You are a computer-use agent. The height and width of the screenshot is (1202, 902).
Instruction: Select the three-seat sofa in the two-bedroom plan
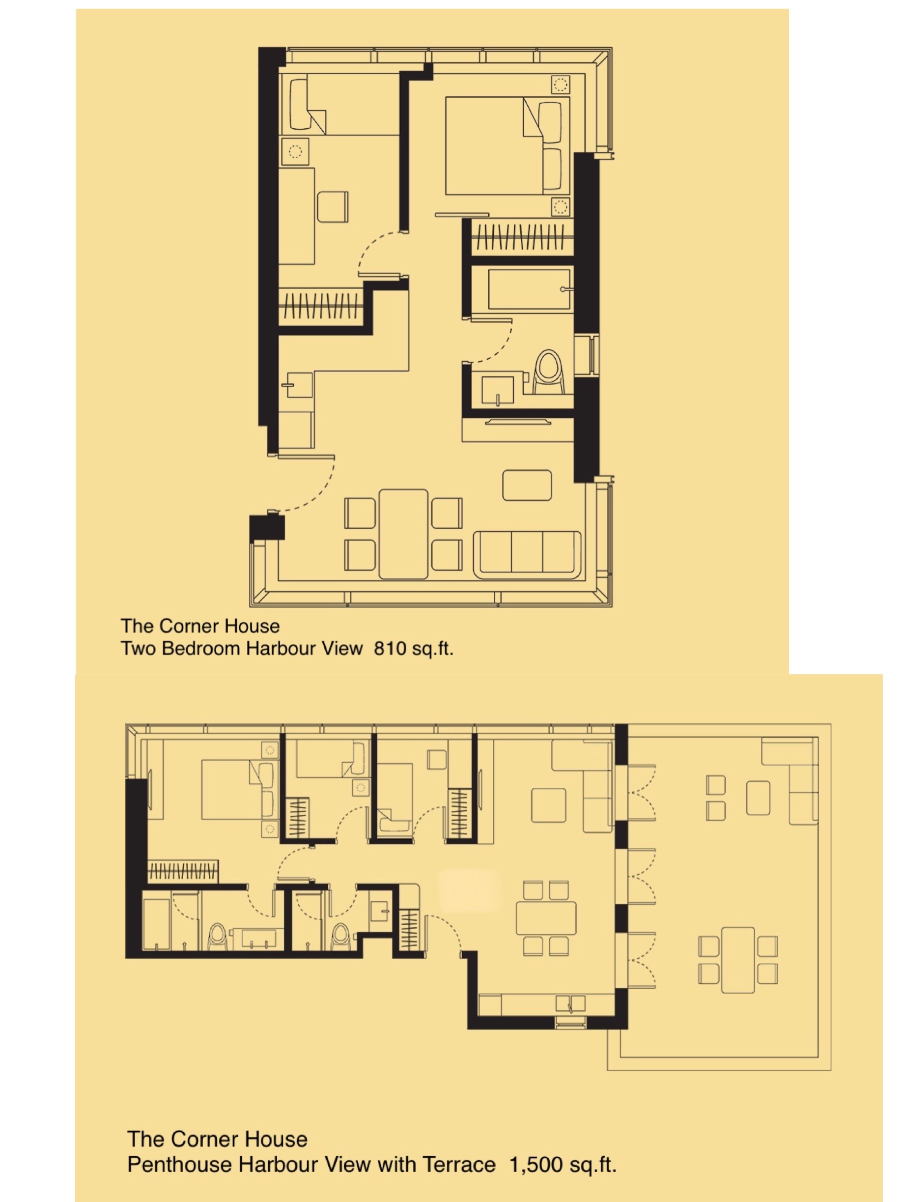point(527,554)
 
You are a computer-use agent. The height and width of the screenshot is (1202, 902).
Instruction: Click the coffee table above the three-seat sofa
point(527,485)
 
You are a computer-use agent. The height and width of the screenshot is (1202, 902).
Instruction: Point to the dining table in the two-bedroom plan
point(403,534)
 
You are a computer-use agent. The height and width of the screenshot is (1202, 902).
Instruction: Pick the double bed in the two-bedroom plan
point(507,145)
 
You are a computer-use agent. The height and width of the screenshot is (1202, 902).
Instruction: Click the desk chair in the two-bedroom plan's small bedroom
point(332,206)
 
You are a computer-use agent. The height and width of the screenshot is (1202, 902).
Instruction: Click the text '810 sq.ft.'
point(414,648)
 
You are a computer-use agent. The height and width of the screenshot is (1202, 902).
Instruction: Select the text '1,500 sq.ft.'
point(563,1165)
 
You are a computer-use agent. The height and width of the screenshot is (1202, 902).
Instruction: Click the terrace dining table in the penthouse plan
point(737,960)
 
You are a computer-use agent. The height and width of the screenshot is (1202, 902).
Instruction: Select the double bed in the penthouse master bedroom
point(237,790)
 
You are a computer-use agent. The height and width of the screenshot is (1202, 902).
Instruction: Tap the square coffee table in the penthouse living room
point(548,805)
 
